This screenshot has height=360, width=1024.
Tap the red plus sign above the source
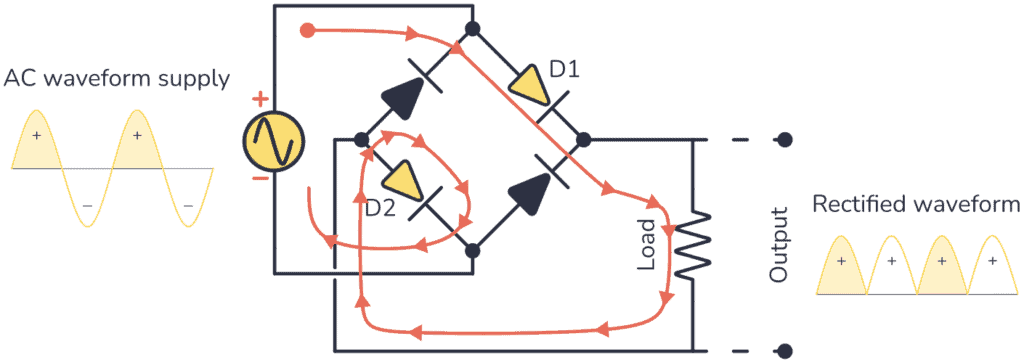[x=260, y=98]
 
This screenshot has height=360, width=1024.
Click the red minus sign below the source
[x=260, y=180]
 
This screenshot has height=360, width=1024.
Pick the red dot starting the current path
[x=308, y=29]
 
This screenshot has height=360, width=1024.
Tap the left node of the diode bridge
[x=359, y=139]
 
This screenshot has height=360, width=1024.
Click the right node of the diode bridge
[x=584, y=139]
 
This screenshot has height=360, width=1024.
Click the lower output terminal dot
[x=786, y=351]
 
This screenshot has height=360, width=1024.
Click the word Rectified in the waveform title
[x=856, y=205]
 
